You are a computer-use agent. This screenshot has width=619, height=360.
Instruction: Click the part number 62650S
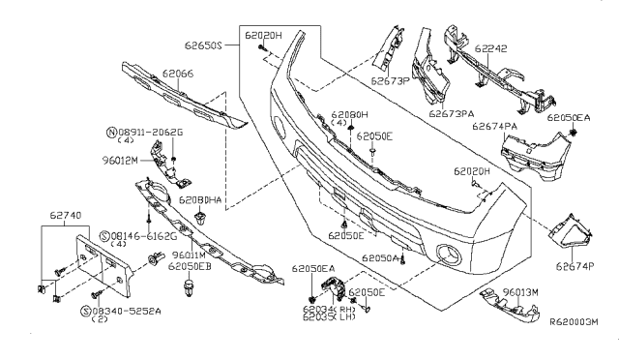(203, 45)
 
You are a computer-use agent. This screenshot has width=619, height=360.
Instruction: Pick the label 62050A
(383, 258)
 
